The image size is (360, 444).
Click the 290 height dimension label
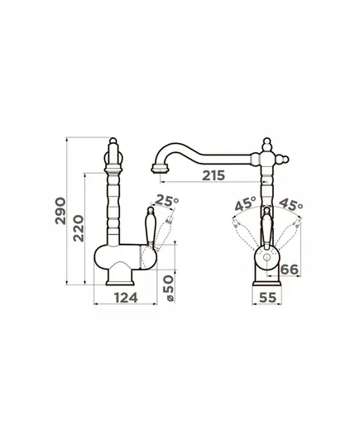click(x=60, y=211)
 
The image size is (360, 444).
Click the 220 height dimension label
click(x=79, y=228)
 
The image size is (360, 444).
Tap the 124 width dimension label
click(x=126, y=298)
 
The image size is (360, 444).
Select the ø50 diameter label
click(x=169, y=288)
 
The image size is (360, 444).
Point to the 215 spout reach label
click(x=214, y=175)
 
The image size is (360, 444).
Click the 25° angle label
click(x=167, y=200)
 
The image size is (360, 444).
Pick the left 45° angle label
click(x=245, y=203)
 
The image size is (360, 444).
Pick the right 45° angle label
click(x=291, y=204)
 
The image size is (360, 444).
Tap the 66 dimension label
click(x=289, y=270)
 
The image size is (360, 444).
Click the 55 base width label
click(x=267, y=298)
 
